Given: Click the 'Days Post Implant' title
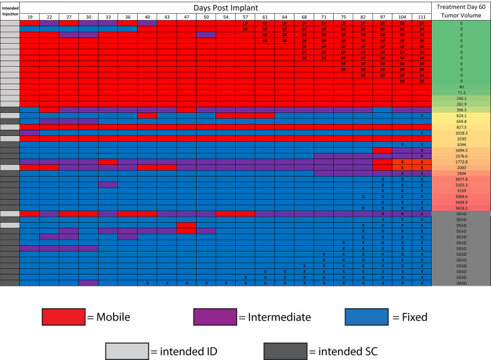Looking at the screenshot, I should (x=226, y=6).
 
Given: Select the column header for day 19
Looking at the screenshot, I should (x=29, y=16).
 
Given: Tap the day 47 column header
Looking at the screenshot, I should (x=187, y=16).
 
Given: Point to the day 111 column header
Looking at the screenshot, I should (x=422, y=16).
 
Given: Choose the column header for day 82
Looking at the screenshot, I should (x=363, y=16).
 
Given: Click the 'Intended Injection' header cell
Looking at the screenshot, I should (x=9, y=10).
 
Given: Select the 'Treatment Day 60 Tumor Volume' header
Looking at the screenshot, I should (x=461, y=10).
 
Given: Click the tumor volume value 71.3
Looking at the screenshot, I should (x=461, y=92).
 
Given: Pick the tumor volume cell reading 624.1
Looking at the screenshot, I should (x=461, y=115).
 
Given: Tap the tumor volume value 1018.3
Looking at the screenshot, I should (x=461, y=133).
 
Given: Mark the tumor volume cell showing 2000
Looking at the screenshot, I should (x=461, y=168).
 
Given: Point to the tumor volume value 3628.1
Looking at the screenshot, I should (x=461, y=208).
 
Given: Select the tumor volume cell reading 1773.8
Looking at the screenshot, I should (x=461, y=162).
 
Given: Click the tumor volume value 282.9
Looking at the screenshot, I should (x=461, y=104).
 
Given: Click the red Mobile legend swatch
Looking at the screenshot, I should (x=63, y=317).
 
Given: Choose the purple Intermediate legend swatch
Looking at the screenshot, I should (x=215, y=317).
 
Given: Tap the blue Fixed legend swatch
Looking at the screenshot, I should (x=366, y=317).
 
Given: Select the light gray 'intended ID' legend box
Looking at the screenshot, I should (x=127, y=351).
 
